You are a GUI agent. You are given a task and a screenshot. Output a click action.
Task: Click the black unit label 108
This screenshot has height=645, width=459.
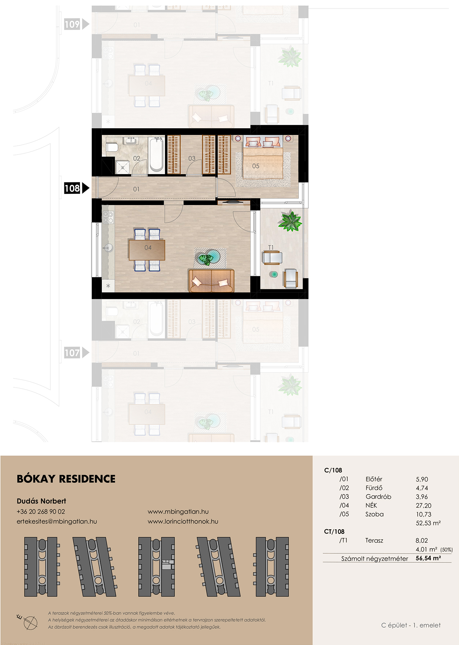(72, 188)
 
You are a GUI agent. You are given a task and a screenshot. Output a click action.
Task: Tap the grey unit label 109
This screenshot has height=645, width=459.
(72, 24)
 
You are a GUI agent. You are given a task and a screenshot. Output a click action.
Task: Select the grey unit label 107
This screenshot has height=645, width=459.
(72, 353)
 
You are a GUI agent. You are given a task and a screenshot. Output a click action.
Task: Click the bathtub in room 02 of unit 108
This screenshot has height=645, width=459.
(157, 155)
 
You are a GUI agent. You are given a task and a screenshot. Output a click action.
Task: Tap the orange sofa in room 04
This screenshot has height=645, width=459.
(211, 281)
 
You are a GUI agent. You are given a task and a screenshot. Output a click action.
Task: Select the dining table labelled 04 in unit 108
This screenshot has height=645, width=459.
(147, 250)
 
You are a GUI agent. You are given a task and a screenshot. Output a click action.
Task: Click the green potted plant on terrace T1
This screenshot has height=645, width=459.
(290, 221)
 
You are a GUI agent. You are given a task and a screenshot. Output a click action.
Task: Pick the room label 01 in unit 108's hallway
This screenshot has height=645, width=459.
(136, 189)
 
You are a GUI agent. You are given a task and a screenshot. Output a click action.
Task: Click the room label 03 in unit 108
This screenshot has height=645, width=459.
(192, 159)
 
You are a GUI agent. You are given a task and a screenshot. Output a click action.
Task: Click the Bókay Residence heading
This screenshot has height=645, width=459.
(66, 479)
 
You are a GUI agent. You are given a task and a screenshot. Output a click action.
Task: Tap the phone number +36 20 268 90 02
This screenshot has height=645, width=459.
(41, 512)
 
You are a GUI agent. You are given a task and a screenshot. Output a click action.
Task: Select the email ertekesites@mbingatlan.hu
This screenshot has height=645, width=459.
(57, 522)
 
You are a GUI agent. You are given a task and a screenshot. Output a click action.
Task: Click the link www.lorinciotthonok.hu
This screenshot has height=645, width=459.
(183, 522)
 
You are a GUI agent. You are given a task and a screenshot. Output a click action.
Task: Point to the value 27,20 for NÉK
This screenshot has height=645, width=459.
(423, 506)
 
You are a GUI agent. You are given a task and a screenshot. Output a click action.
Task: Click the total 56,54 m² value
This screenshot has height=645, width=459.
(428, 558)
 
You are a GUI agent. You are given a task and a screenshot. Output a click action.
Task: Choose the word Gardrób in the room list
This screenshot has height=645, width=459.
(378, 497)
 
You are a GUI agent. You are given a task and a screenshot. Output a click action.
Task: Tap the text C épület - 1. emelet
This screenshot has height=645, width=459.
(411, 625)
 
